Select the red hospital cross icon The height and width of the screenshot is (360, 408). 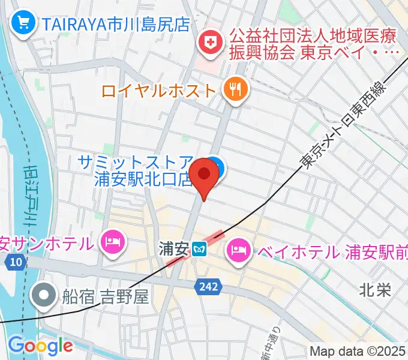210,42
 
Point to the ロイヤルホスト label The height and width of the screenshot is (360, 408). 158,91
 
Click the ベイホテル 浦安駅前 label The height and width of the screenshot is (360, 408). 332,251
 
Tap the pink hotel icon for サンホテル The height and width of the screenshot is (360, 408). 113,241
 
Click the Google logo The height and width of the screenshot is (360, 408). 40,346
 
